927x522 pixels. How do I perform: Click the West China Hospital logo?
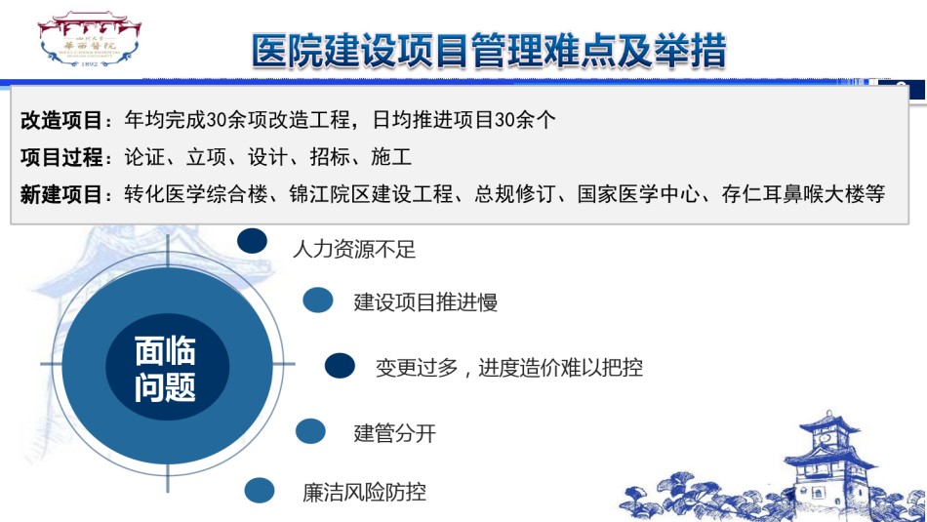[x=89, y=38]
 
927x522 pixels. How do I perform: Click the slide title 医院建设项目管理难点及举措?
[x=489, y=51]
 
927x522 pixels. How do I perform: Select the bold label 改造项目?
[x=61, y=120]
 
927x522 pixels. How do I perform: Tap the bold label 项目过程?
[x=61, y=157]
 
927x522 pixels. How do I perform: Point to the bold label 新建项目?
[x=61, y=194]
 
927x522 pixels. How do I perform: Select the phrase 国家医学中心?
[x=638, y=194]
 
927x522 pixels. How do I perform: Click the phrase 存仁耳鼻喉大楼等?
[x=803, y=194]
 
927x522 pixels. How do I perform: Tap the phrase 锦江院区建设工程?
[x=371, y=194]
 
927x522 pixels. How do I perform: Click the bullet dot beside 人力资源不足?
[x=253, y=241]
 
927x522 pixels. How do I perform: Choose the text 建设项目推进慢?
[x=425, y=302]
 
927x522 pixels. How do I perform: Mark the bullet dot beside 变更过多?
[x=340, y=366]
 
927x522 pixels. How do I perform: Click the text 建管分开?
[x=395, y=433]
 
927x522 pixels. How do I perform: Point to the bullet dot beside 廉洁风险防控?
[x=260, y=491]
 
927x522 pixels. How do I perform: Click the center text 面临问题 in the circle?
[x=165, y=369]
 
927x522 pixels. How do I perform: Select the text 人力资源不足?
[x=354, y=249]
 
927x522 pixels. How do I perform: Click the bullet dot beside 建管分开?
[x=310, y=431]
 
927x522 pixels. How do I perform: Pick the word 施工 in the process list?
[x=391, y=157]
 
